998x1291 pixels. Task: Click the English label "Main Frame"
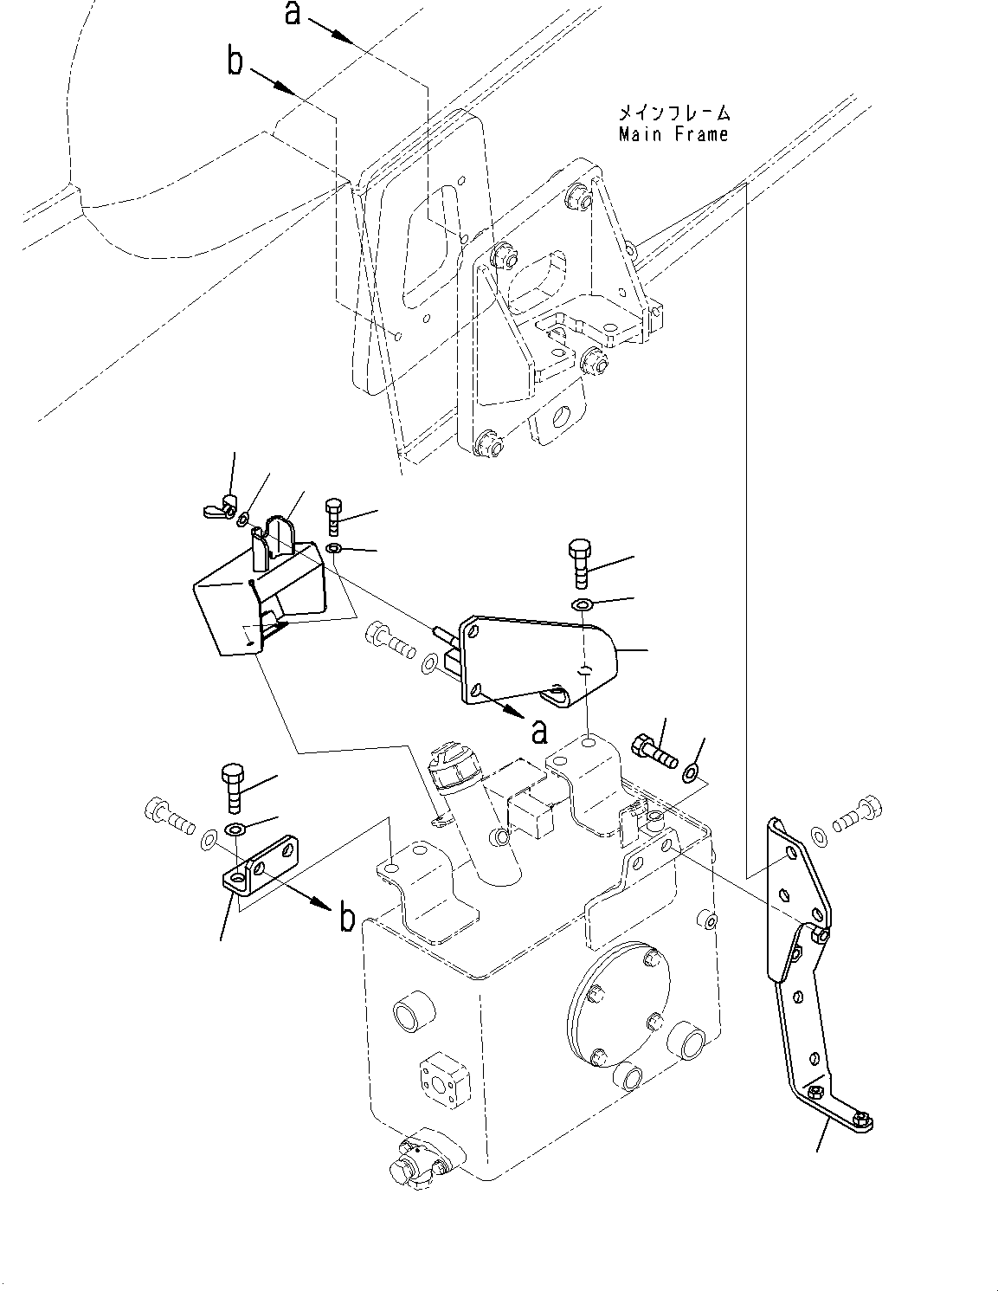click(x=673, y=134)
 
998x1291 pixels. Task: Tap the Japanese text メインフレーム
click(x=673, y=113)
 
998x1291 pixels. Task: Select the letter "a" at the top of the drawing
click(x=294, y=14)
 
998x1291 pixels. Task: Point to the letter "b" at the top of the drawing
click(x=235, y=63)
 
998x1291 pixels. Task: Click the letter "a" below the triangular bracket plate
click(x=539, y=733)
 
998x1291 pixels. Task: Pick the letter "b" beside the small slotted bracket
click(x=346, y=917)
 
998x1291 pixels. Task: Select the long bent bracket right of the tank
click(x=804, y=970)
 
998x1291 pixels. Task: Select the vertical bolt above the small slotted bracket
click(x=235, y=783)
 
